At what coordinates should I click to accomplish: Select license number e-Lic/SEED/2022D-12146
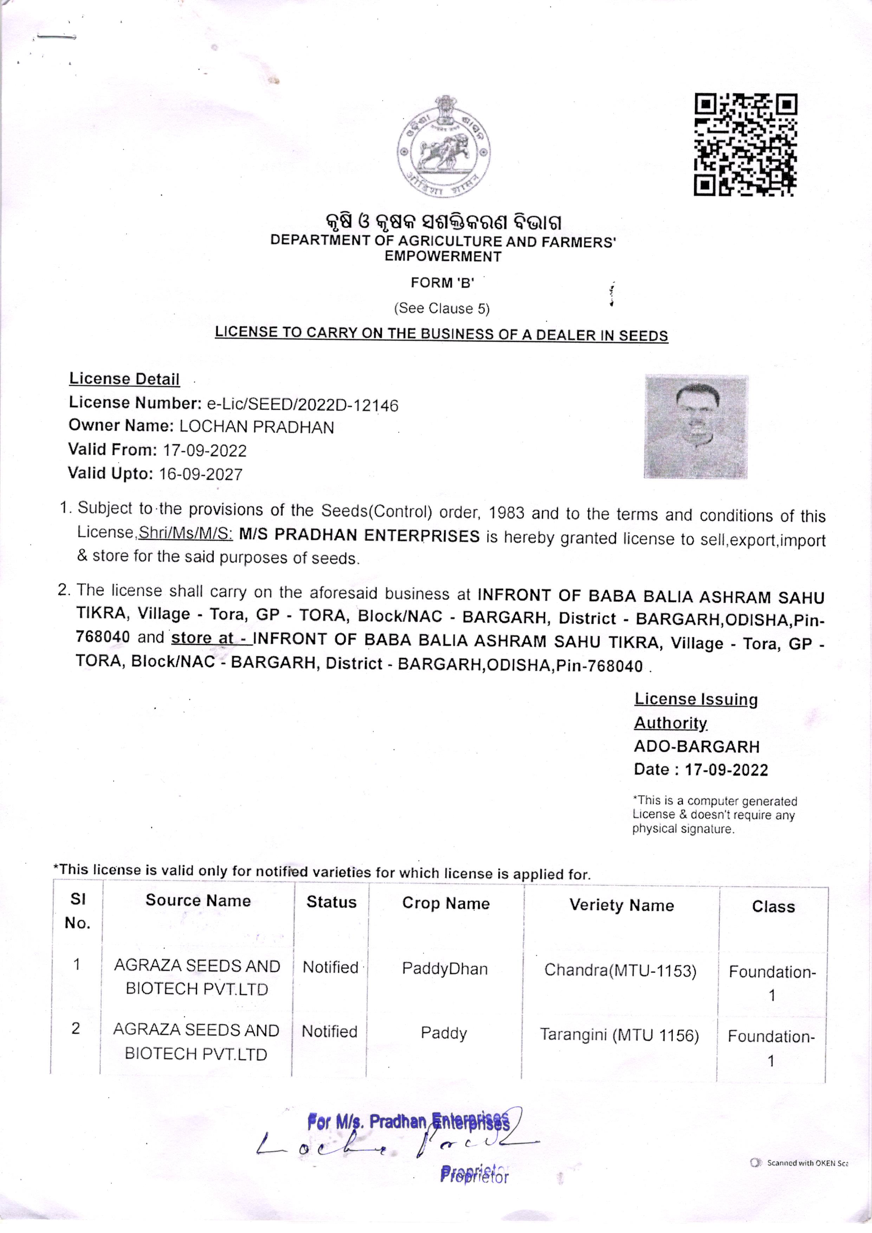pyautogui.click(x=302, y=404)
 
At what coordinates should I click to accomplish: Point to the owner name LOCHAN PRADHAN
pyautogui.click(x=256, y=427)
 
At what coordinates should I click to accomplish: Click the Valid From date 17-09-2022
pyautogui.click(x=205, y=450)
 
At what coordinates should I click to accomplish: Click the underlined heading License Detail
pyautogui.click(x=124, y=379)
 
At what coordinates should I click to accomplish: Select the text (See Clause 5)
pyautogui.click(x=441, y=308)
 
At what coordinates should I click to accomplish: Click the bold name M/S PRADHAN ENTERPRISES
pyautogui.click(x=359, y=535)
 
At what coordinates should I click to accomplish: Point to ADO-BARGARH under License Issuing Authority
pyautogui.click(x=696, y=746)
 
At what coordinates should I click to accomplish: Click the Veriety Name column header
pyautogui.click(x=621, y=905)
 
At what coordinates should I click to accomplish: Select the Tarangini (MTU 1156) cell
pyautogui.click(x=619, y=1034)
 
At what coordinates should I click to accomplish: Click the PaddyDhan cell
pyautogui.click(x=445, y=969)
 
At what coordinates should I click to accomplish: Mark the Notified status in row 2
pyautogui.click(x=329, y=1031)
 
